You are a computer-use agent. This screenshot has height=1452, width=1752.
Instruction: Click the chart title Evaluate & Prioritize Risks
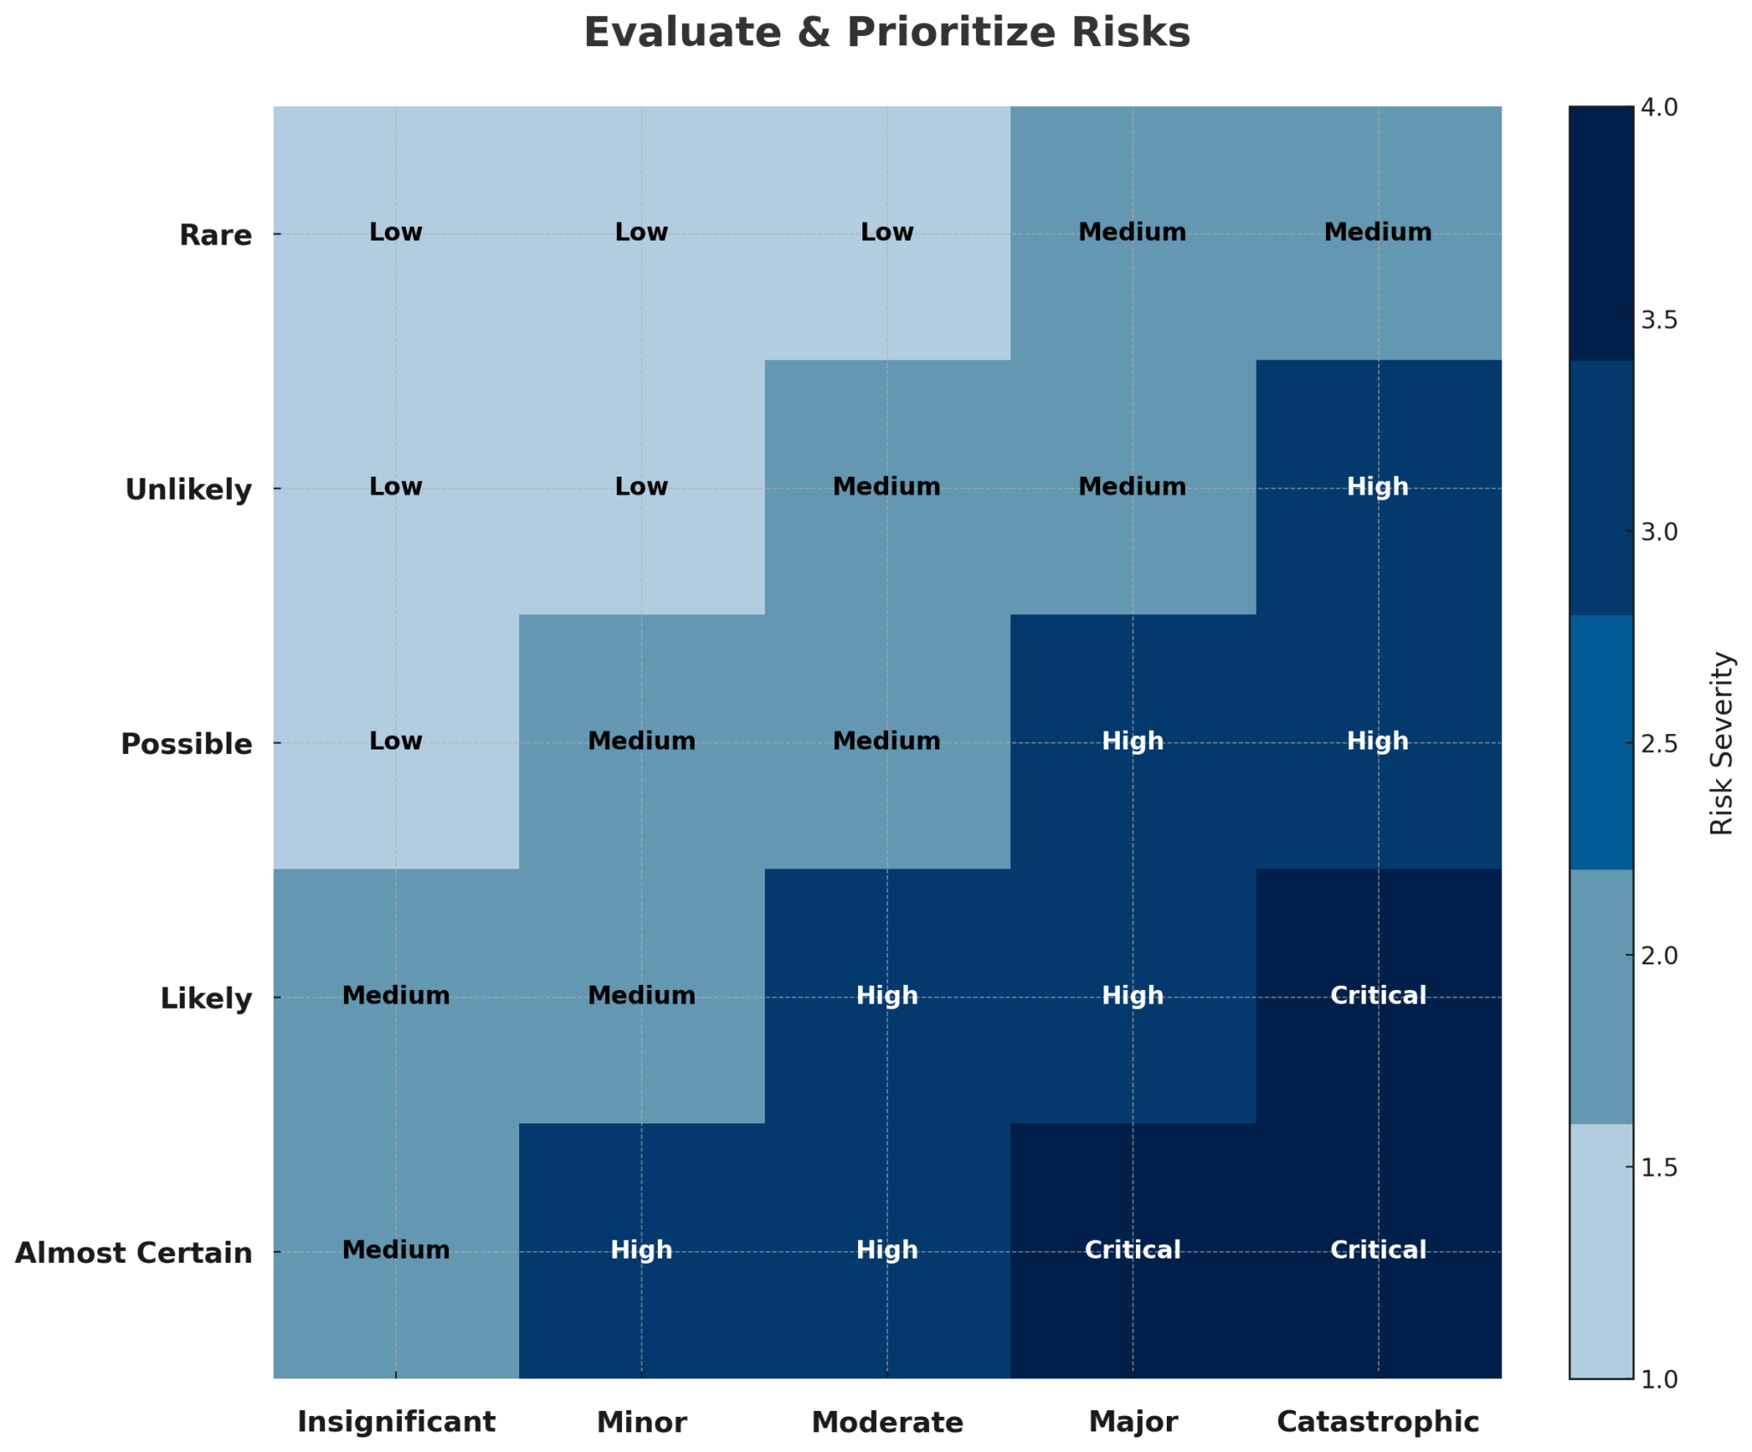click(886, 33)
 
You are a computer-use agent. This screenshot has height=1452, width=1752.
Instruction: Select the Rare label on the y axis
click(216, 235)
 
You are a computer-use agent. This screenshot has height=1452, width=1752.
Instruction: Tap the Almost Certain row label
click(133, 1253)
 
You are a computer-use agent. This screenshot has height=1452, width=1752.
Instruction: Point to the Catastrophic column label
click(1377, 1421)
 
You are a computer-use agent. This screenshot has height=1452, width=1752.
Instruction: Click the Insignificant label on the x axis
click(396, 1421)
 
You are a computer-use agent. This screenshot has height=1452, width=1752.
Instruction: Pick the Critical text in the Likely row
click(1377, 995)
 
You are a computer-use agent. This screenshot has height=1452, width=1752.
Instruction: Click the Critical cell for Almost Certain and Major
click(1133, 1250)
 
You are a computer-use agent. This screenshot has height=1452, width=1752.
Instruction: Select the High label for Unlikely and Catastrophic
click(1377, 487)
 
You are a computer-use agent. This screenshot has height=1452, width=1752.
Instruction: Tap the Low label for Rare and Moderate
click(887, 232)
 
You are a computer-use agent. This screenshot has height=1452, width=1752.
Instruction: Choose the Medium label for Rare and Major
click(1133, 232)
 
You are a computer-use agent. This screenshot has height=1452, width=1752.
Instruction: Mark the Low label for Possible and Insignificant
click(396, 741)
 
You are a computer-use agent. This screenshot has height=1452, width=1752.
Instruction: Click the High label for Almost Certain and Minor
click(642, 1250)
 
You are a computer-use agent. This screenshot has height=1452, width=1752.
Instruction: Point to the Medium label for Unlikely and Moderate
click(887, 487)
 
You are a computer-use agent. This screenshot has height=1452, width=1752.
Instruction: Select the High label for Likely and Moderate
click(887, 995)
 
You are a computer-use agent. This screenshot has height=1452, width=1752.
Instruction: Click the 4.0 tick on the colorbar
click(1659, 108)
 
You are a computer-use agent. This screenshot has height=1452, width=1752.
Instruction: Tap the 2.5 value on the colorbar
click(1659, 744)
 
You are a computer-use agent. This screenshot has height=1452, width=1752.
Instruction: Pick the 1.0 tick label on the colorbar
click(1659, 1379)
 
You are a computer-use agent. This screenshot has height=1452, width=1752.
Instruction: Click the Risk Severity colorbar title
click(1721, 743)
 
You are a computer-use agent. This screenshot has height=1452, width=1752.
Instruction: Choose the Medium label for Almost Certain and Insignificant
click(396, 1250)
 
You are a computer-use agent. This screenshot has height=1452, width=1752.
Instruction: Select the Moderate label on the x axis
click(887, 1421)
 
